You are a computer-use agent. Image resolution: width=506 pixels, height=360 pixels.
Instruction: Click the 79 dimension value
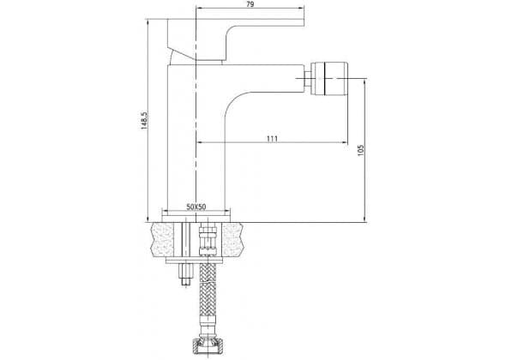click(250, 4)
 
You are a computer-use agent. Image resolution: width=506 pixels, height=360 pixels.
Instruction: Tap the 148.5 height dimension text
click(143, 121)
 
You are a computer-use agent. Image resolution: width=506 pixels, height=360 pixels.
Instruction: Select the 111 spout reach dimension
click(272, 139)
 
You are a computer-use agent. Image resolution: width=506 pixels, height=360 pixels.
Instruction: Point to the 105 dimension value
click(361, 150)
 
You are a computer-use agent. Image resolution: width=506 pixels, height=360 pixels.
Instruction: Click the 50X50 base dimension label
click(196, 207)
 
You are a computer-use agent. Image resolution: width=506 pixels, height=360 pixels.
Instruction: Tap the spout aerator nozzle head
click(329, 78)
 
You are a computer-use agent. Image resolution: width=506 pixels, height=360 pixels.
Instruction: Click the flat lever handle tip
click(301, 22)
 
